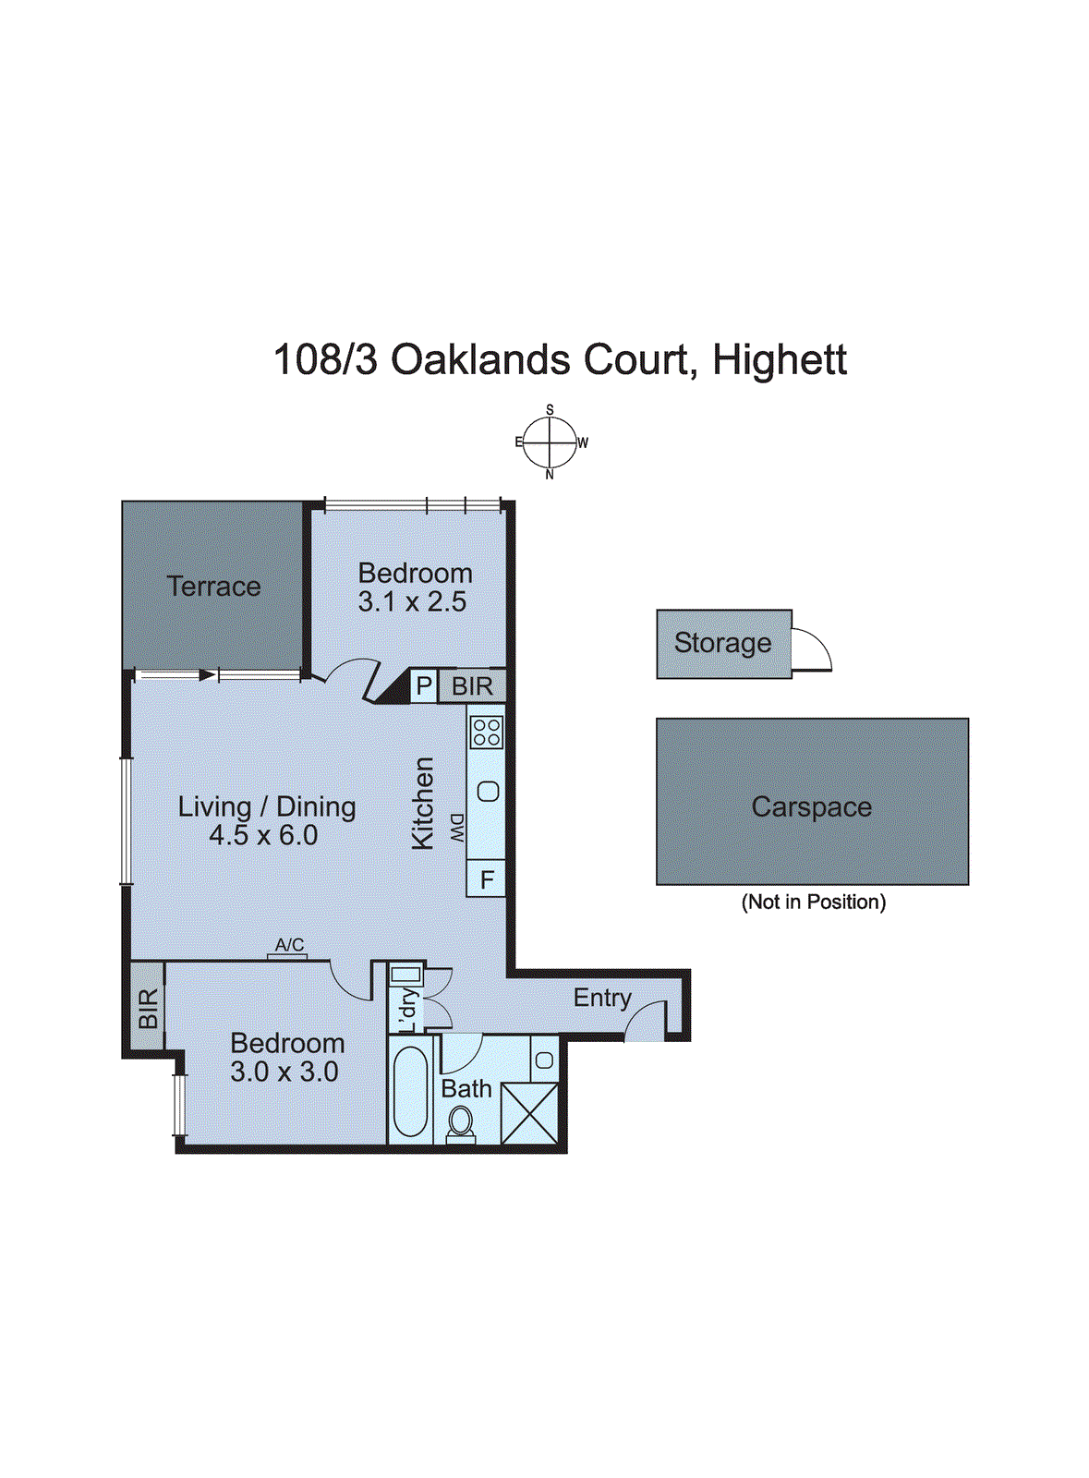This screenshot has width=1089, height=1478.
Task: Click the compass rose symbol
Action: click(x=550, y=442)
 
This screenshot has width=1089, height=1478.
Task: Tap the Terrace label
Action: click(x=213, y=587)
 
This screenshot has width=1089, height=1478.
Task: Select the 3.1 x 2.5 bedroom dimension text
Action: click(x=412, y=602)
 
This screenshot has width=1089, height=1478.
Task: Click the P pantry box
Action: click(x=424, y=685)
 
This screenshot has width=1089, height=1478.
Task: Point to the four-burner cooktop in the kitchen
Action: click(x=486, y=732)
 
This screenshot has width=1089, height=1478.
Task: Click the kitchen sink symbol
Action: click(x=489, y=791)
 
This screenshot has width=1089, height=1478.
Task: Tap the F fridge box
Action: click(x=487, y=878)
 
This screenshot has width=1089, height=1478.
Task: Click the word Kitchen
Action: click(x=422, y=803)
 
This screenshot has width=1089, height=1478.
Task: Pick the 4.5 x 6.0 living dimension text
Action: click(x=263, y=836)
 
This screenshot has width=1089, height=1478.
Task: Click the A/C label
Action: click(x=289, y=945)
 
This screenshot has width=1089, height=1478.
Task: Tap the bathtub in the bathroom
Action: click(x=410, y=1091)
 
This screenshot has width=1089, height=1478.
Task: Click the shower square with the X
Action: click(x=529, y=1113)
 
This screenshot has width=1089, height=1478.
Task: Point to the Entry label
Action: click(x=602, y=998)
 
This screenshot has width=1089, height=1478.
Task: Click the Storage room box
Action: click(x=724, y=644)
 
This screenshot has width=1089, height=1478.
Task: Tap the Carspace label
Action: click(x=811, y=806)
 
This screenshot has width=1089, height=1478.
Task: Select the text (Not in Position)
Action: click(x=813, y=902)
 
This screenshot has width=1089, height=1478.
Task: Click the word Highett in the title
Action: click(x=780, y=359)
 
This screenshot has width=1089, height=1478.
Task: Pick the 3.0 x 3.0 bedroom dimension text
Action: click(x=284, y=1072)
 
